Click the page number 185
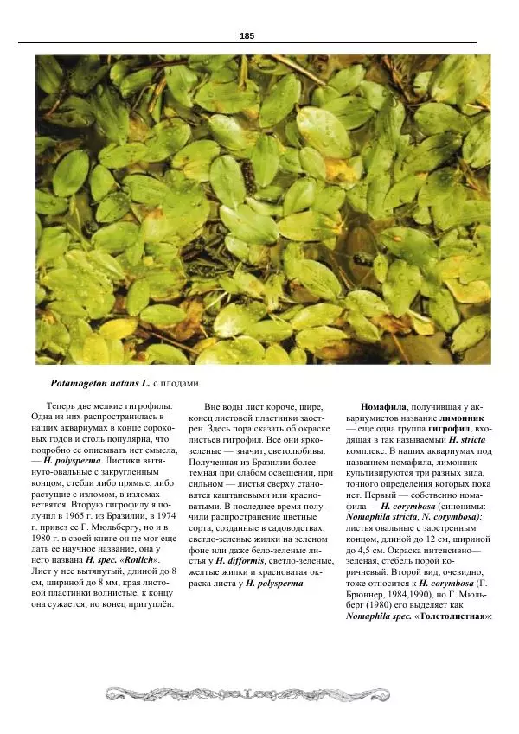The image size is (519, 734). point(247,35)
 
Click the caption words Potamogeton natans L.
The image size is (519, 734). point(94,382)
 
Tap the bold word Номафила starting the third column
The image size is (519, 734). point(383,406)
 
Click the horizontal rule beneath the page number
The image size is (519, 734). point(259,44)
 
